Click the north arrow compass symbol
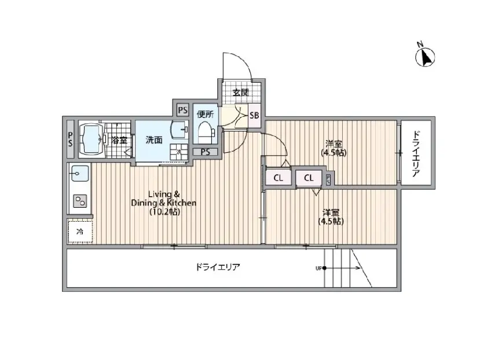(x=426, y=56)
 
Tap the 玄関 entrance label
(x=240, y=92)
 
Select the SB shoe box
(x=254, y=115)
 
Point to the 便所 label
(x=205, y=113)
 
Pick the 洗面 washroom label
(x=153, y=139)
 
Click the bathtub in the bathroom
(x=90, y=139)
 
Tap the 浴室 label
(x=119, y=140)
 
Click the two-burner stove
(x=79, y=201)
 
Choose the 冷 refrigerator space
(x=80, y=232)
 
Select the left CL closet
(x=278, y=178)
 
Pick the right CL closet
(x=309, y=178)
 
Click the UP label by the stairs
(x=318, y=268)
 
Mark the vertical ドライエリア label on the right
(x=416, y=153)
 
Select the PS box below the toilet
(x=206, y=152)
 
